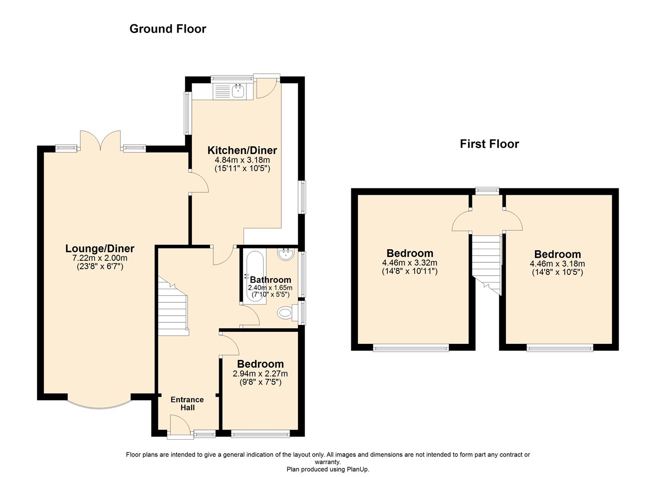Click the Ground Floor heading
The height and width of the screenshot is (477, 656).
coord(168,29)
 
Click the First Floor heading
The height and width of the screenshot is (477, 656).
coord(489,144)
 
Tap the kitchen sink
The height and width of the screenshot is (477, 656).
coord(238,91)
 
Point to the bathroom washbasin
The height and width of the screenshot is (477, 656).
coord(285,254)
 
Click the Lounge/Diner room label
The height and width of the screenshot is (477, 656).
coord(100,249)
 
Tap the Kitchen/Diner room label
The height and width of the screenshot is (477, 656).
coord(242,150)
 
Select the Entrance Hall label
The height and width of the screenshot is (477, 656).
coord(187,404)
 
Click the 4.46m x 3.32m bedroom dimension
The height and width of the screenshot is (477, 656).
coord(410,263)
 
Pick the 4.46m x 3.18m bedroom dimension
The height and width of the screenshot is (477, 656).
coord(557,264)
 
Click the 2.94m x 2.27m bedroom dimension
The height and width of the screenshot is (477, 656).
coord(260,374)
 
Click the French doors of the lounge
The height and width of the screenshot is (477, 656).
coord(100,141)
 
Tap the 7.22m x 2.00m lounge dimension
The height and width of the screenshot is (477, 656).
coord(100,258)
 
